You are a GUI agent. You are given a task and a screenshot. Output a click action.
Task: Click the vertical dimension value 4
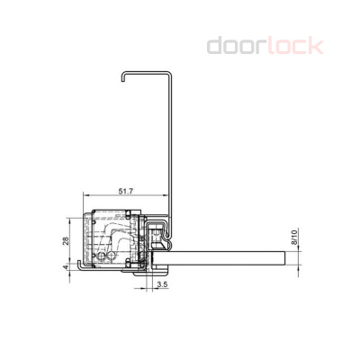point(66,267)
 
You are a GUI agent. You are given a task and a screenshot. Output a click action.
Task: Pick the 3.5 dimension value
point(161,284)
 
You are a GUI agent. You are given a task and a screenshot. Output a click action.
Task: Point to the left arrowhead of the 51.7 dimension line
point(84,197)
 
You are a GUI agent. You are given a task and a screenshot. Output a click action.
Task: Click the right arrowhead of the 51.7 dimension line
point(168,197)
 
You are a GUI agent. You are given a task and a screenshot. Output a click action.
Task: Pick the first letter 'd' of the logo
point(215,45)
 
